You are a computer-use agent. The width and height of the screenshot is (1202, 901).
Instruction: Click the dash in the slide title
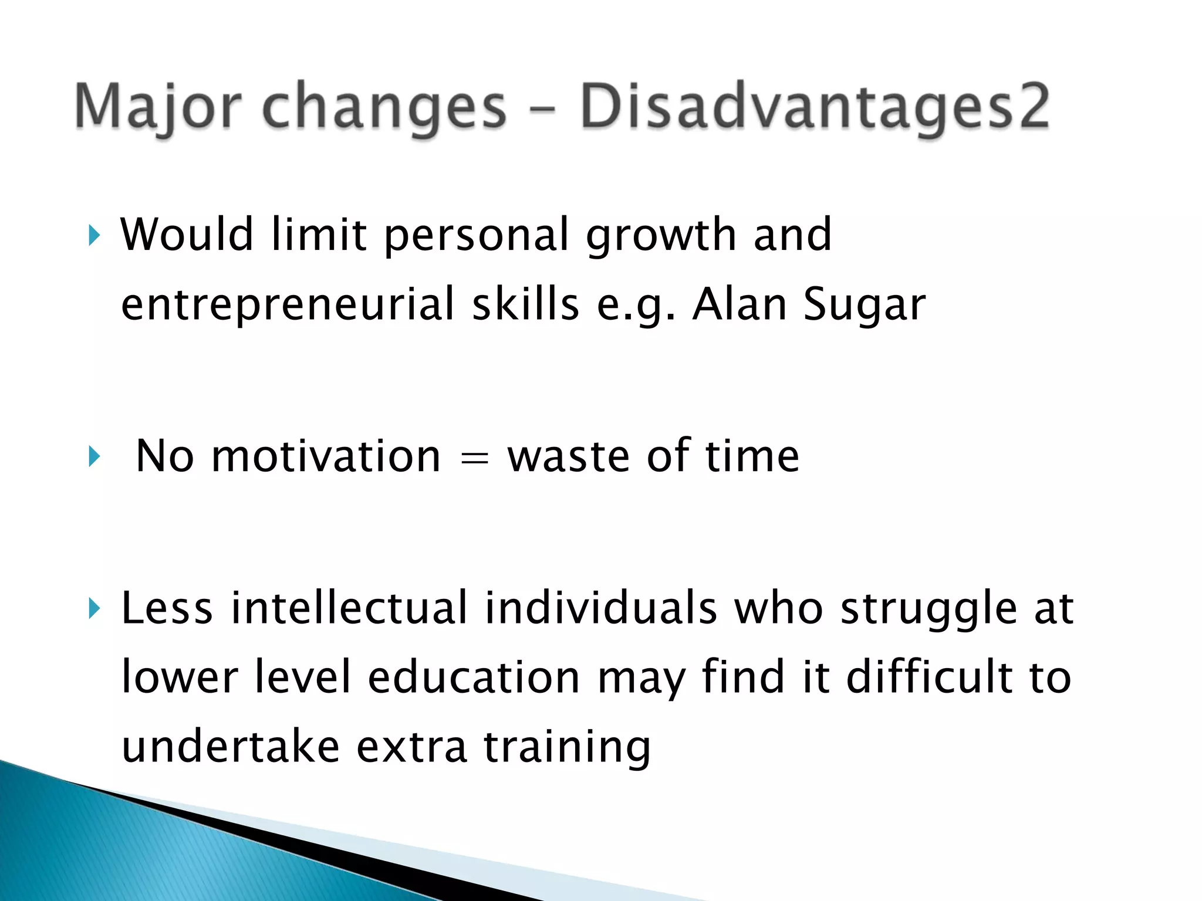click(x=543, y=109)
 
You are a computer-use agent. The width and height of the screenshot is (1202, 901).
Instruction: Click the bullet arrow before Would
click(x=94, y=236)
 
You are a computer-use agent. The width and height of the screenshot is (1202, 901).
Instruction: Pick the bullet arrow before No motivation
click(x=94, y=457)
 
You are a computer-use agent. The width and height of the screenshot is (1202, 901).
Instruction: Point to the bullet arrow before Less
click(x=94, y=609)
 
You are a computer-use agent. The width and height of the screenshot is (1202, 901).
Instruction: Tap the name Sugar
click(x=864, y=304)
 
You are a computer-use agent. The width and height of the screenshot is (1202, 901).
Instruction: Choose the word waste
click(x=568, y=456)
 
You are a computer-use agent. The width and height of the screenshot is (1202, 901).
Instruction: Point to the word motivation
click(x=326, y=456)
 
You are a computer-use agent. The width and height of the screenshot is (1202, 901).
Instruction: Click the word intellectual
click(x=349, y=608)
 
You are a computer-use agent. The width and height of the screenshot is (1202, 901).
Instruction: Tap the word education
click(x=474, y=677)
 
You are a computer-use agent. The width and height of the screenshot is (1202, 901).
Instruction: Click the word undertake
click(x=231, y=746)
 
